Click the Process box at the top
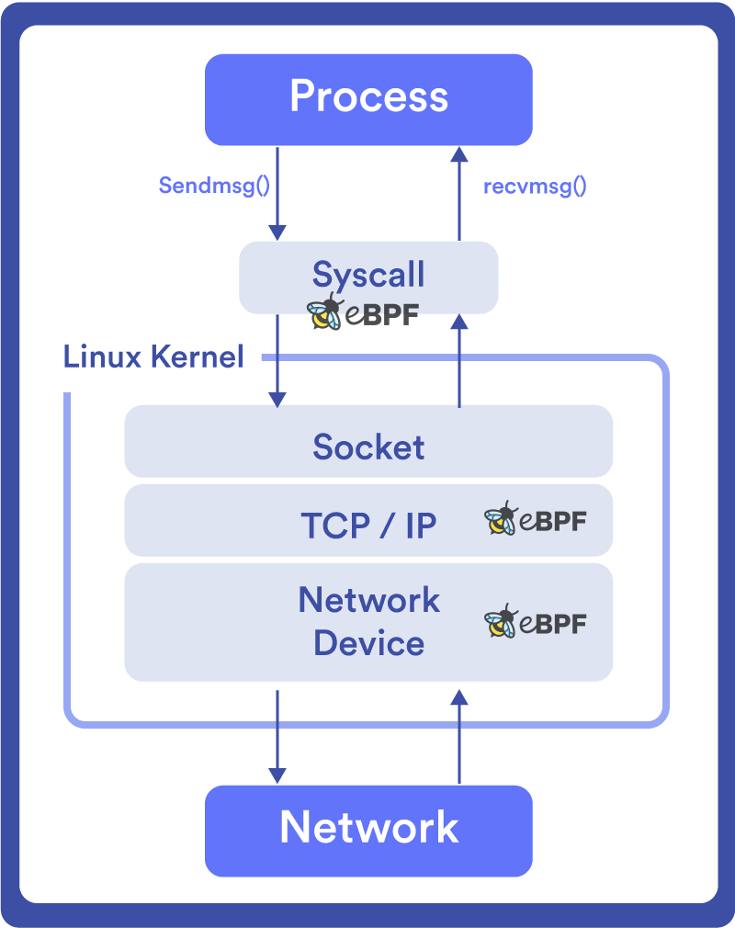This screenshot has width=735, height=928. [x=368, y=98]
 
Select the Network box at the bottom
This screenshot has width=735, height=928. [x=368, y=830]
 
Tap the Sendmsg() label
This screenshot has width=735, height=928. [x=214, y=186]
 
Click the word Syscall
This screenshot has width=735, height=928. [x=368, y=275]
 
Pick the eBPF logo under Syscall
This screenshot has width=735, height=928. [x=363, y=314]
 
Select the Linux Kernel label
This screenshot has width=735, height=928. [x=153, y=356]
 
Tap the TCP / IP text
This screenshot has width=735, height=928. [x=368, y=526]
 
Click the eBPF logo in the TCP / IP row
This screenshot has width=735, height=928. [x=535, y=521]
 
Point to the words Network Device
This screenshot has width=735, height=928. [x=368, y=621]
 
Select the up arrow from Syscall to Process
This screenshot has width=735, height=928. [x=459, y=193]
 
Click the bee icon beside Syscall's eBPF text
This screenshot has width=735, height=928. [x=324, y=312]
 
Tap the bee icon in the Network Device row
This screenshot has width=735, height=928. [x=502, y=623]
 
